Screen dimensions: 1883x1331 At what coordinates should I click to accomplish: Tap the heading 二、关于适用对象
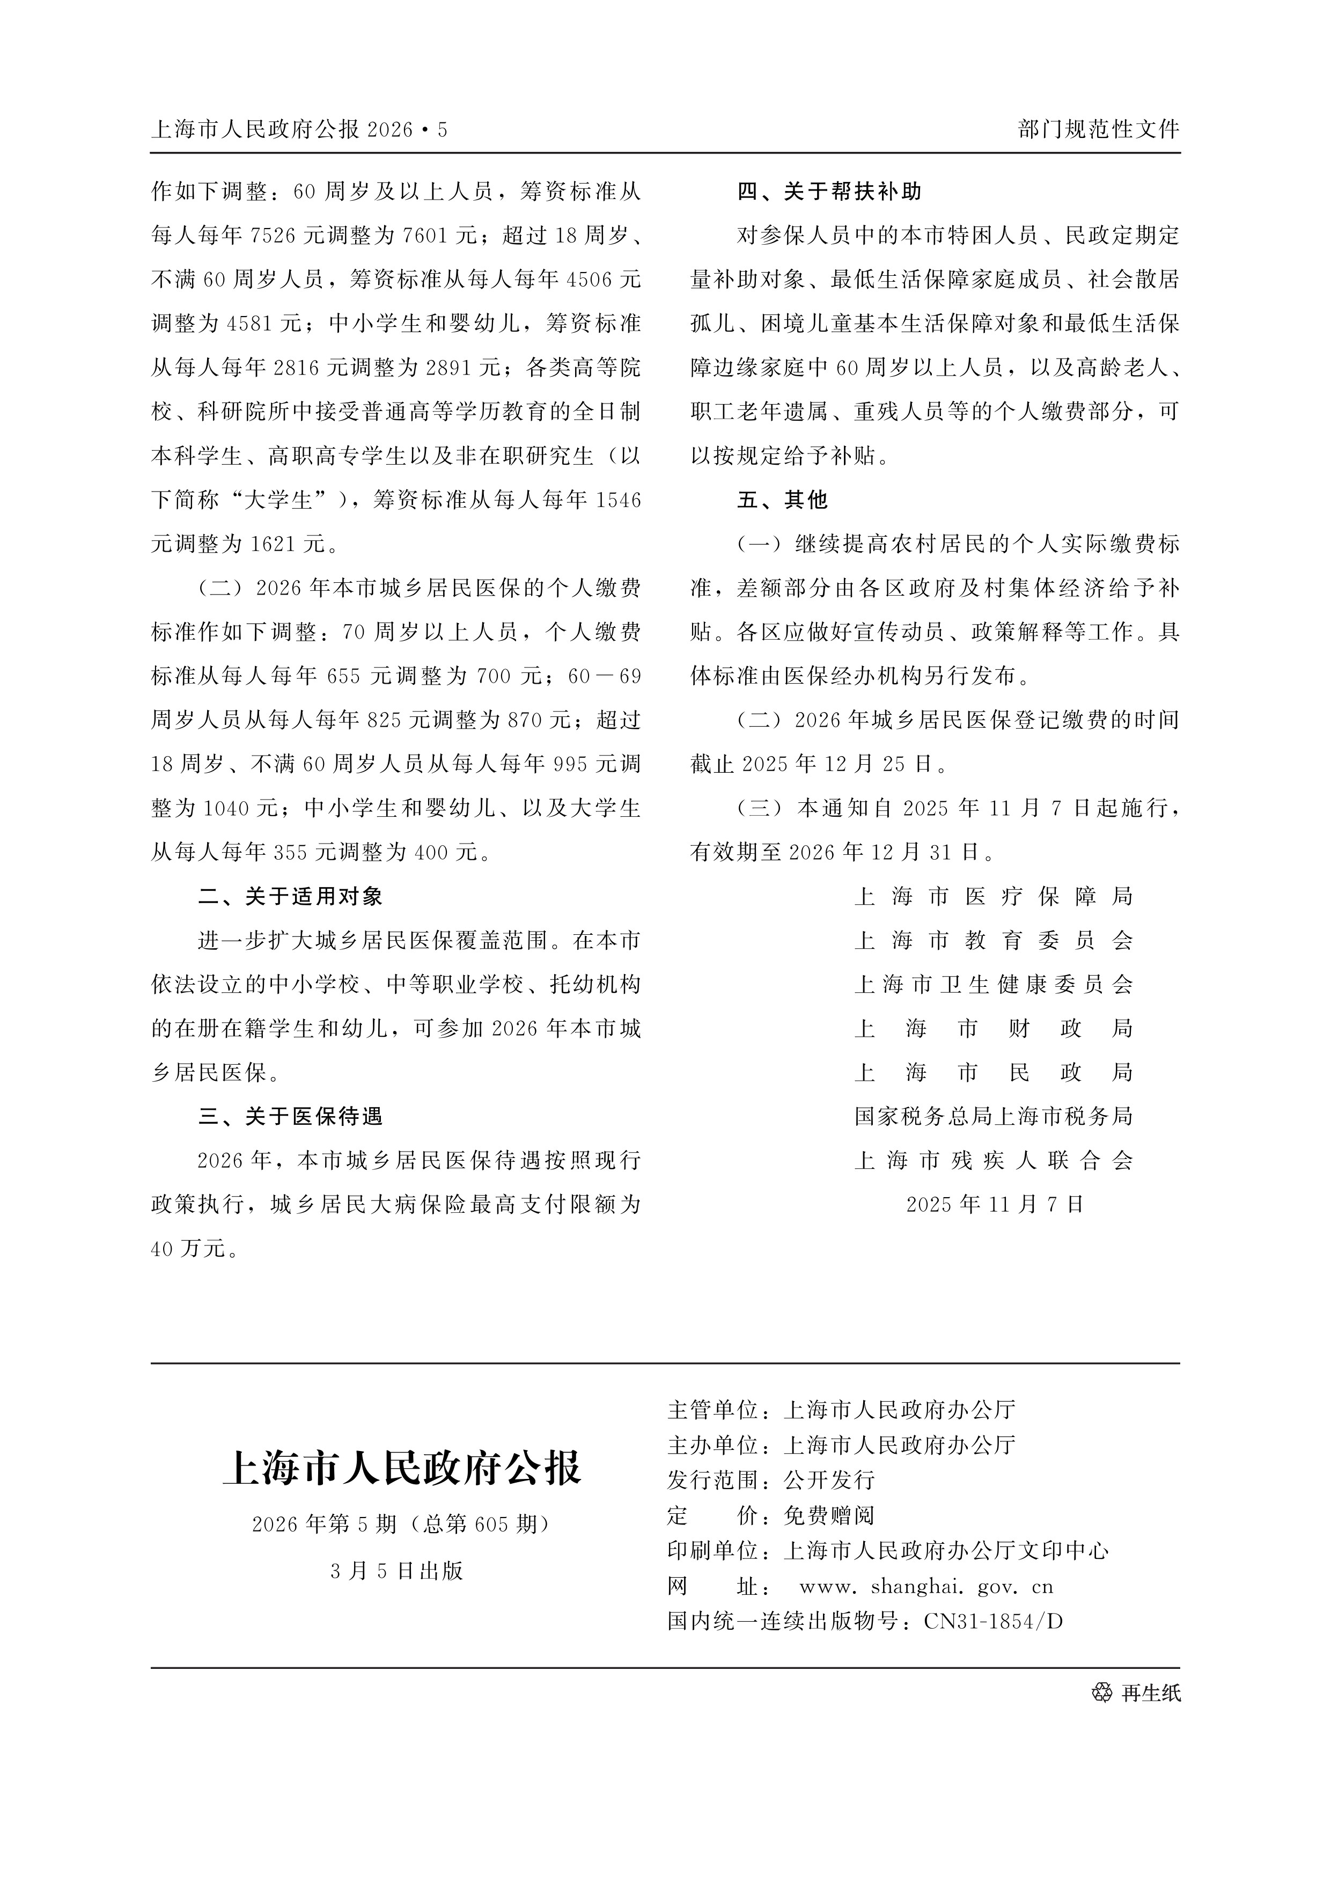tap(290, 896)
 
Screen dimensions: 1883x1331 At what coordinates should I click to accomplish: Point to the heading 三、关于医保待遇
tap(290, 1116)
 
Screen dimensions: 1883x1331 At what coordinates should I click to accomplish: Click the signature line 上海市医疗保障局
tap(994, 896)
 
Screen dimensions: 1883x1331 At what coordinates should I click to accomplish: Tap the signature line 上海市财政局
tap(994, 1029)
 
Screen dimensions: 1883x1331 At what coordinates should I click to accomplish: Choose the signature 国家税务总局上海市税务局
tap(994, 1116)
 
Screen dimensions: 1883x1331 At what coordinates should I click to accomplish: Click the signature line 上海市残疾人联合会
tap(994, 1161)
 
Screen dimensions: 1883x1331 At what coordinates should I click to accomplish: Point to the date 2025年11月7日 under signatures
tap(995, 1204)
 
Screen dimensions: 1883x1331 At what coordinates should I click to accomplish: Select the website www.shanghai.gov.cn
tap(926, 1587)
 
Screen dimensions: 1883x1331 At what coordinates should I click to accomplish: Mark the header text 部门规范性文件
tap(1098, 129)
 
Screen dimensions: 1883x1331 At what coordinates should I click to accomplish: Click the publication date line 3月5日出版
tap(398, 1571)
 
